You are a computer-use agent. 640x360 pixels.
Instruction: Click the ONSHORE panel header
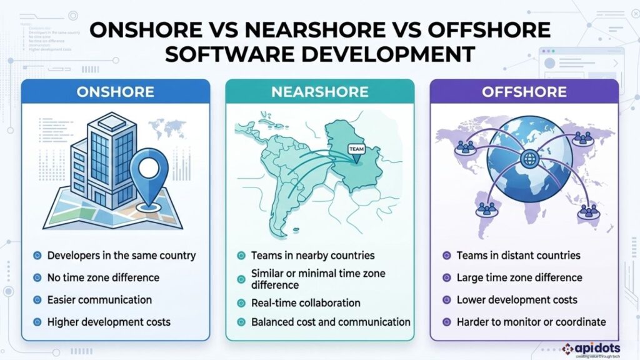coord(115,92)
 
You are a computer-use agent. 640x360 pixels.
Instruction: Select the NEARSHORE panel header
coord(319,92)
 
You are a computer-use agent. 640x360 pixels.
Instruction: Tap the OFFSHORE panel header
coord(524,92)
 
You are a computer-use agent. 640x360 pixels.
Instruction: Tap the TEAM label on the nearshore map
coord(354,150)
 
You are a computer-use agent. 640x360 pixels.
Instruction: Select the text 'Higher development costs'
coord(109,322)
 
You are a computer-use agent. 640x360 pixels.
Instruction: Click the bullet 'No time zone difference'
coord(103,277)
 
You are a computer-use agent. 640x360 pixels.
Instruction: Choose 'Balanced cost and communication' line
coord(331,322)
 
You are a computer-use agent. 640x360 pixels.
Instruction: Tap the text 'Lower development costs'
coord(517,300)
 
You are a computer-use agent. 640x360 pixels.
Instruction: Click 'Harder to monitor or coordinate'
coord(531,322)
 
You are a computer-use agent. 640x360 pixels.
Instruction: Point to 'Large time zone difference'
coord(519,277)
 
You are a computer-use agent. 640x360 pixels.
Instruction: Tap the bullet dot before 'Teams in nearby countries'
coord(241,256)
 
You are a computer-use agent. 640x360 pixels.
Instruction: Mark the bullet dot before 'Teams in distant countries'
coord(446,256)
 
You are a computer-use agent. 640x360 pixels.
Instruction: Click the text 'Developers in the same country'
coord(121,256)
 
